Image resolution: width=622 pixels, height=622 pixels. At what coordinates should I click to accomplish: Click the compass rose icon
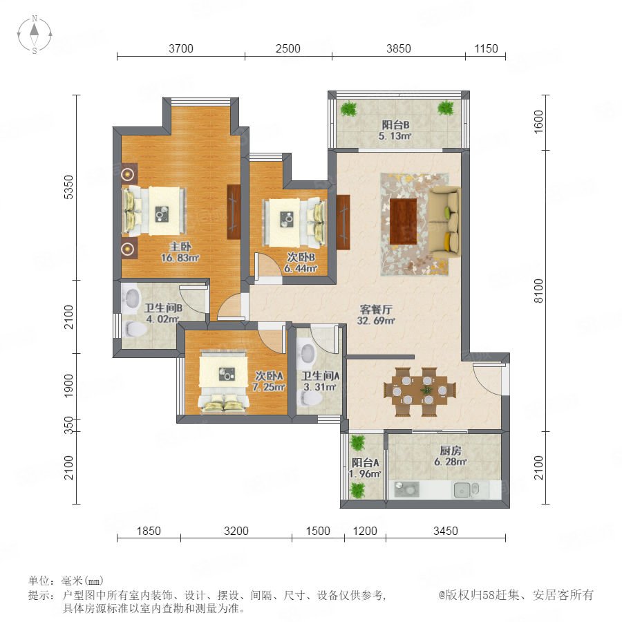[35, 35]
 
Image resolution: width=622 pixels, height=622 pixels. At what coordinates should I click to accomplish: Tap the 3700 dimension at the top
[181, 48]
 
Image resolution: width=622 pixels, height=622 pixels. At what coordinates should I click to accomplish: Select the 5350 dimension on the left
[68, 187]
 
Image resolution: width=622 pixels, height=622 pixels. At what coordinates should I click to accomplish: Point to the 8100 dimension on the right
[538, 291]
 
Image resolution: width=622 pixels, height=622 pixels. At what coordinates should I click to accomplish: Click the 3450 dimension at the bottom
[446, 531]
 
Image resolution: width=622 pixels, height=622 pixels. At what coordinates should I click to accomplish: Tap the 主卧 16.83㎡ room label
[180, 252]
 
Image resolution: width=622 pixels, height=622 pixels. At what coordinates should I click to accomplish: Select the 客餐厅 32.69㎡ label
[376, 314]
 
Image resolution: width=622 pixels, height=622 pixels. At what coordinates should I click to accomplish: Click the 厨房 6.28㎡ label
[450, 456]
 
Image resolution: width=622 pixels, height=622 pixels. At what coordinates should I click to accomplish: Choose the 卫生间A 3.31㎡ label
[321, 381]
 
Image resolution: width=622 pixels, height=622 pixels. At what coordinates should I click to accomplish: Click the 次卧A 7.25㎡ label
[270, 381]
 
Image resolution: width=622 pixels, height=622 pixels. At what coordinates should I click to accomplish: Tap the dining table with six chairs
[420, 392]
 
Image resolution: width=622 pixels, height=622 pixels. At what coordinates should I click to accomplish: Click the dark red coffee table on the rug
[403, 222]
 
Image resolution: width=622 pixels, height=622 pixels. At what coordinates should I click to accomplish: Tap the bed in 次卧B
[294, 223]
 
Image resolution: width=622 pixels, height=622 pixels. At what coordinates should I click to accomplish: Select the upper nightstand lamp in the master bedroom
[128, 173]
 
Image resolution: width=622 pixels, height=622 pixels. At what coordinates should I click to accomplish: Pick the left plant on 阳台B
[349, 109]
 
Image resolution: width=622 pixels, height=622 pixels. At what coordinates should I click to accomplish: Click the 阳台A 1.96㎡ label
[366, 468]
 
